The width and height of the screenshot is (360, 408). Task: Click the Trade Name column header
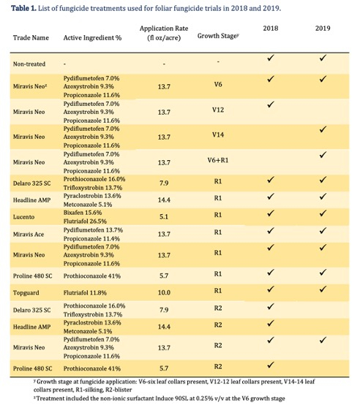pyautogui.click(x=31, y=38)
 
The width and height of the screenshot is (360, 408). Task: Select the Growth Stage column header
pyautogui.click(x=218, y=36)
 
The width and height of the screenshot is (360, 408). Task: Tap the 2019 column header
pyautogui.click(x=323, y=28)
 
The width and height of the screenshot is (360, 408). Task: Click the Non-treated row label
pyautogui.click(x=29, y=64)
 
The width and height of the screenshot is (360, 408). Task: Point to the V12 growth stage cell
pyautogui.click(x=218, y=110)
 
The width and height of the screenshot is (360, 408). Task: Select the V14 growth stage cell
pyautogui.click(x=218, y=135)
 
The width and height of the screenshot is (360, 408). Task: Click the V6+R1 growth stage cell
pyautogui.click(x=218, y=160)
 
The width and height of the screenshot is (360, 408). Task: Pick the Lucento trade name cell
pyautogui.click(x=23, y=216)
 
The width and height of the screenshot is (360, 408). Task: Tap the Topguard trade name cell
pyautogui.click(x=26, y=292)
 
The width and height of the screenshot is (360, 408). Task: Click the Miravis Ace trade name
pyautogui.click(x=29, y=234)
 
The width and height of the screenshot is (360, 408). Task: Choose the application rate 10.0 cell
pyautogui.click(x=164, y=292)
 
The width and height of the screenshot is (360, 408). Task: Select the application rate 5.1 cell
pyautogui.click(x=164, y=216)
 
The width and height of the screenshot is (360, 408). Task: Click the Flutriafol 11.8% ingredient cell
pyautogui.click(x=85, y=292)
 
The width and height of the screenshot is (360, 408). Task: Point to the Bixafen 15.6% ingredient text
pyautogui.click(x=83, y=213)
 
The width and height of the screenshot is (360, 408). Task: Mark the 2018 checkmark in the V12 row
pyautogui.click(x=271, y=105)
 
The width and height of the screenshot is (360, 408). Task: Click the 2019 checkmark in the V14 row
pyautogui.click(x=323, y=129)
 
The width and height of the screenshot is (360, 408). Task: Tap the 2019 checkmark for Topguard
pyautogui.click(x=323, y=289)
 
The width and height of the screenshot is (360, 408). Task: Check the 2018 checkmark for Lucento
pyautogui.click(x=271, y=213)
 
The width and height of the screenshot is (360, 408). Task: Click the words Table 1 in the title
pyautogui.click(x=23, y=8)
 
